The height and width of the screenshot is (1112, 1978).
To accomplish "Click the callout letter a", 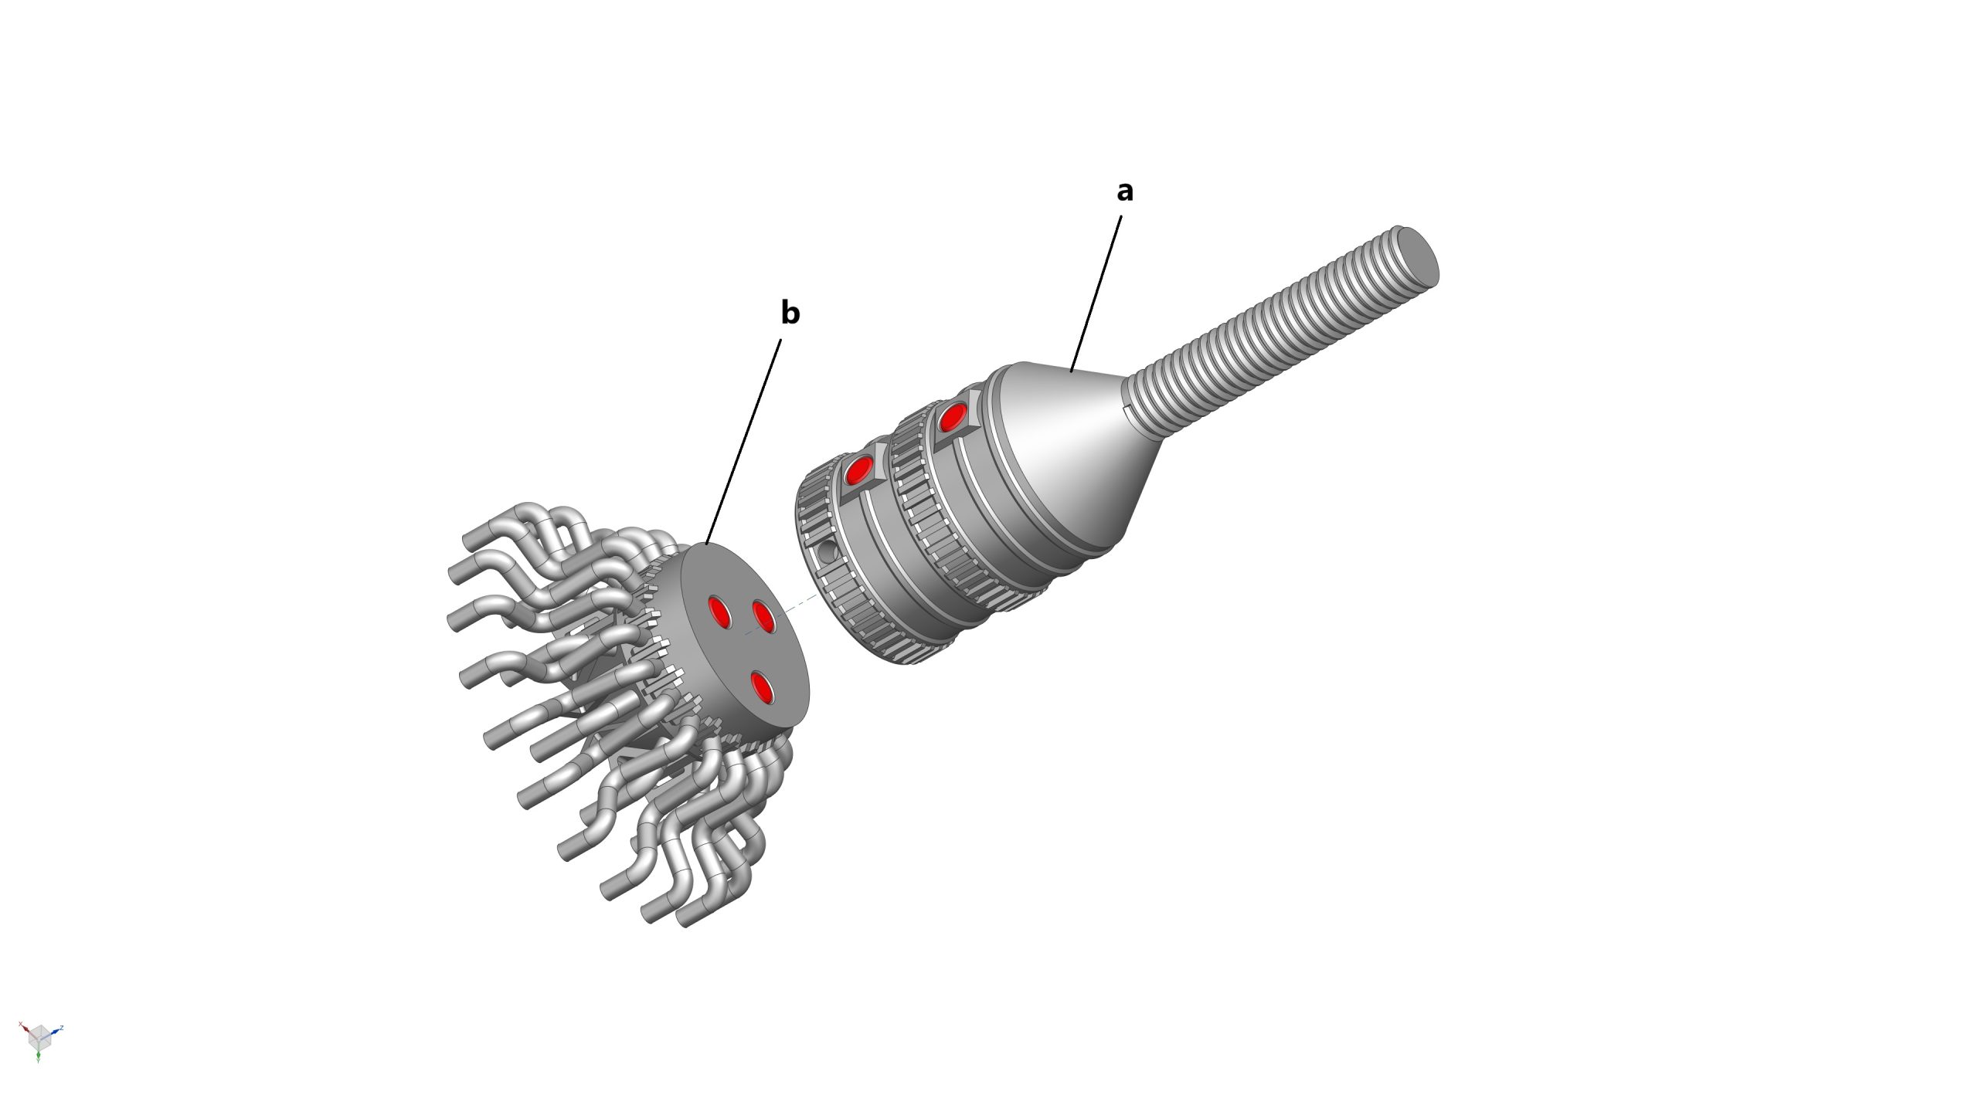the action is click(1125, 191).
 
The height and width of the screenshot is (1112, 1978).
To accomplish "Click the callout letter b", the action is click(790, 312).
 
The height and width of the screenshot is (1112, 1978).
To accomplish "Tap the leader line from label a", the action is click(1096, 293).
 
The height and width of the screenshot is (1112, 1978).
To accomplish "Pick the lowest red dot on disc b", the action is click(763, 687).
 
